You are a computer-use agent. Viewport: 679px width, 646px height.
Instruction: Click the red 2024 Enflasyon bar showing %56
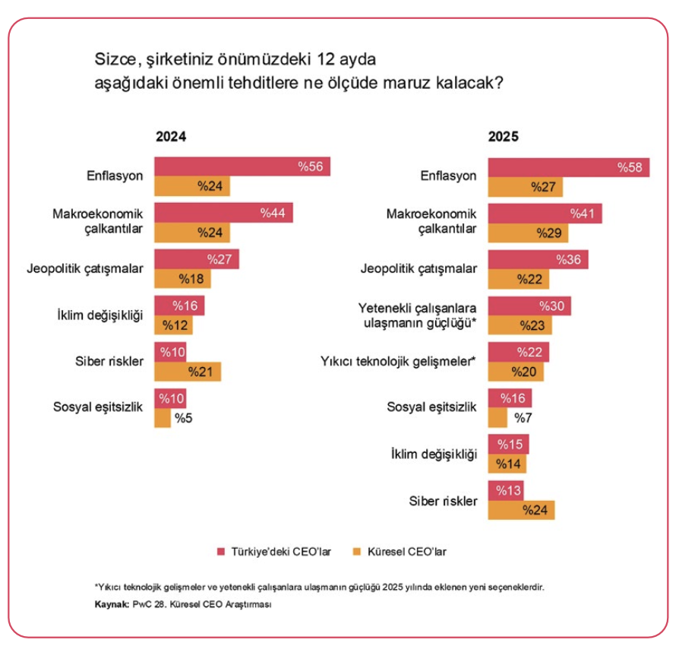[x=242, y=166]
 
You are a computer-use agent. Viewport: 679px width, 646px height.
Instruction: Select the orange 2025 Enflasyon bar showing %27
[x=526, y=187]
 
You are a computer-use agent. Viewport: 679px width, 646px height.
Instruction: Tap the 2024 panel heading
[x=171, y=138]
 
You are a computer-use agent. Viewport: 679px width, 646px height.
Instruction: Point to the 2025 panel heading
[x=503, y=138]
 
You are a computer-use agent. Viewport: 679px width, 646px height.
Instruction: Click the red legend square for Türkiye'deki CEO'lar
[x=221, y=552]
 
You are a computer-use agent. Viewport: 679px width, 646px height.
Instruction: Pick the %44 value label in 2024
[x=272, y=214]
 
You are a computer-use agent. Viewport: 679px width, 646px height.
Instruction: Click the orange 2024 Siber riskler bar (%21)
[x=187, y=372]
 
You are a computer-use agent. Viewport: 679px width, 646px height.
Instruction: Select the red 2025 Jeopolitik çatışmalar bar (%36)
[x=538, y=260]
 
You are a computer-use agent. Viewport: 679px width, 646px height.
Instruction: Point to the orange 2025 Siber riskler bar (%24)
[x=521, y=510]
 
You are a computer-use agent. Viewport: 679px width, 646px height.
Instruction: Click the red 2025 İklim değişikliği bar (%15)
[x=508, y=444]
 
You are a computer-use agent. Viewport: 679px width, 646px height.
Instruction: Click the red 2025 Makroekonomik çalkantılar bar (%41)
[x=545, y=214]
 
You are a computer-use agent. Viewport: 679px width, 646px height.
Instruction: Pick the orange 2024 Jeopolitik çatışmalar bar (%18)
[x=182, y=279]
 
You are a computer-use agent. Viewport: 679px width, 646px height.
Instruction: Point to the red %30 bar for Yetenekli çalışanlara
[x=529, y=306]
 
